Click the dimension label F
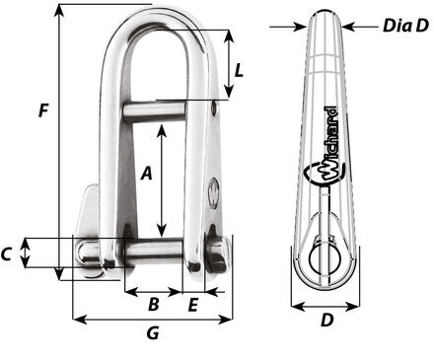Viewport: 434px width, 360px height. click(43, 110)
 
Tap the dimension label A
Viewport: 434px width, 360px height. click(147, 173)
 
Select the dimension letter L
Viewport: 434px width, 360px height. click(239, 70)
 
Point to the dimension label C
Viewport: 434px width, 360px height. click(7, 253)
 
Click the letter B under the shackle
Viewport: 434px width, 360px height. click(154, 305)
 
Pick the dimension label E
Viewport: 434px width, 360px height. click(192, 305)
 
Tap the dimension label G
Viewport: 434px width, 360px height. click(153, 332)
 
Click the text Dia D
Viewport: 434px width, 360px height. click(405, 26)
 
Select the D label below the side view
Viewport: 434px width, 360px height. click(326, 320)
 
